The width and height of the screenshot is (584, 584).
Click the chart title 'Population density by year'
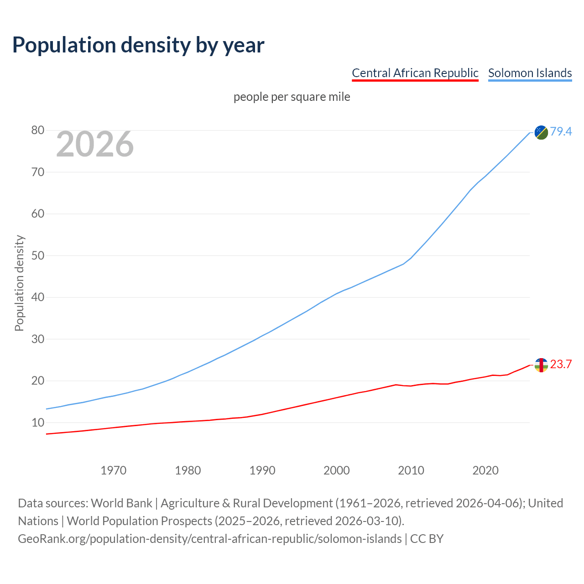click(x=138, y=45)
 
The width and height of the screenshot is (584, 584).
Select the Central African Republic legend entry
click(x=415, y=73)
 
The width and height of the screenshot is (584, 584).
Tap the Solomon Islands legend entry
click(x=530, y=73)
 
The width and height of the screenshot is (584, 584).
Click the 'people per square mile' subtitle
click(x=292, y=97)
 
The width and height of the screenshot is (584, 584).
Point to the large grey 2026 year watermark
click(x=95, y=144)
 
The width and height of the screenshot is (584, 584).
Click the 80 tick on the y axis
click(x=38, y=130)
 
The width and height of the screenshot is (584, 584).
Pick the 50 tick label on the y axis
click(x=38, y=255)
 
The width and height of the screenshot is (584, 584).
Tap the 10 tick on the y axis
click(x=38, y=422)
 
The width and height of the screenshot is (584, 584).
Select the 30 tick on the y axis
click(x=38, y=339)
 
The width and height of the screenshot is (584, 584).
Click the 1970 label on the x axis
click(x=114, y=470)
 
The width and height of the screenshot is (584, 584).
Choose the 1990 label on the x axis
click(x=262, y=470)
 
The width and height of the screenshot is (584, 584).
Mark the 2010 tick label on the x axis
click(x=411, y=470)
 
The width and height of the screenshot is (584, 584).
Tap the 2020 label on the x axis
click(x=485, y=470)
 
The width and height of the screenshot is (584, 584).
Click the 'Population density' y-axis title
click(x=19, y=283)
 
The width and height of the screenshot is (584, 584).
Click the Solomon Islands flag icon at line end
click(x=541, y=132)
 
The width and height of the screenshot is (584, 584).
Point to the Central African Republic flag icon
click(x=541, y=365)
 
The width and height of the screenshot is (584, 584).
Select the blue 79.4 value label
click(x=561, y=131)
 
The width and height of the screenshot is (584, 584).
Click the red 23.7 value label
click(x=561, y=364)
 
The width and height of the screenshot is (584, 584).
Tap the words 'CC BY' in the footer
click(x=427, y=539)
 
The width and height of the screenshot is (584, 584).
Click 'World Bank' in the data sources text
click(x=121, y=503)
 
